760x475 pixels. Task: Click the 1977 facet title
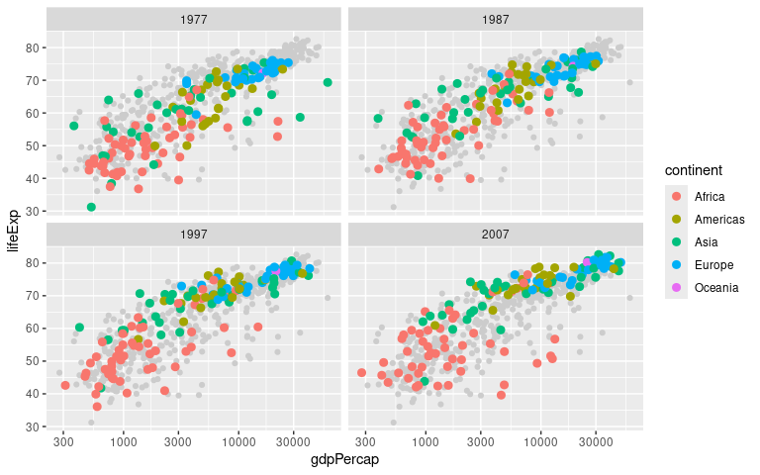(194, 20)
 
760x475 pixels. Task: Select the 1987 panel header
(496, 20)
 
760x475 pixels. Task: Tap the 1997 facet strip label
(194, 235)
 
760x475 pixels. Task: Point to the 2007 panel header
(496, 235)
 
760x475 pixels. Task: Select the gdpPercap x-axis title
(344, 460)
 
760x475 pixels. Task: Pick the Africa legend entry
(710, 196)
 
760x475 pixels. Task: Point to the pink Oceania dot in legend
(676, 287)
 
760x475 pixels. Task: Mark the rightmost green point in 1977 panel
(328, 82)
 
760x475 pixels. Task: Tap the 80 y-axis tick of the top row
(32, 47)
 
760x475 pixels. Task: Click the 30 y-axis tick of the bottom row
(32, 427)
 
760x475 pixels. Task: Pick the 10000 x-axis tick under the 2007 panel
(540, 442)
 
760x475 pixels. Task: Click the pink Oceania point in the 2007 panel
(588, 262)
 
